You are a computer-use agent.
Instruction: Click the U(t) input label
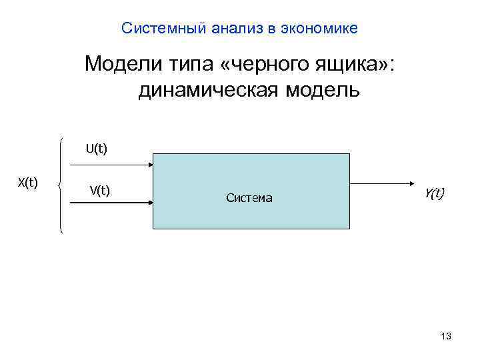pos(96,147)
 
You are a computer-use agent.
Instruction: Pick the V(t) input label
pos(99,191)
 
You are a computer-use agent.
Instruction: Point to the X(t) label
pos(27,183)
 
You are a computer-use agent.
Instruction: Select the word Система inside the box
pos(249,198)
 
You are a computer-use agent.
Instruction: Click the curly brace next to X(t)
pos(62,185)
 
